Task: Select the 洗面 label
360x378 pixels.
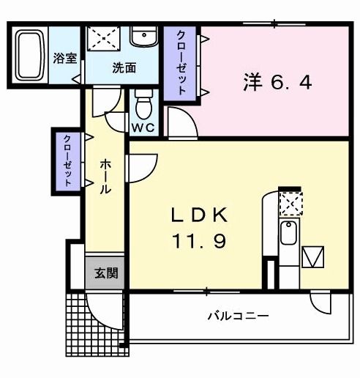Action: tap(124, 68)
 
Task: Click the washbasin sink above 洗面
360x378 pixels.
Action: tap(143, 37)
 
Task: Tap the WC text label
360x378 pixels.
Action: tap(143, 127)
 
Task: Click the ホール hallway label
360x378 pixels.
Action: tap(105, 177)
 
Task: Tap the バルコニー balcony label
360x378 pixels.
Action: tap(237, 316)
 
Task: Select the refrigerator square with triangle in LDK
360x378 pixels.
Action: tap(313, 257)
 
